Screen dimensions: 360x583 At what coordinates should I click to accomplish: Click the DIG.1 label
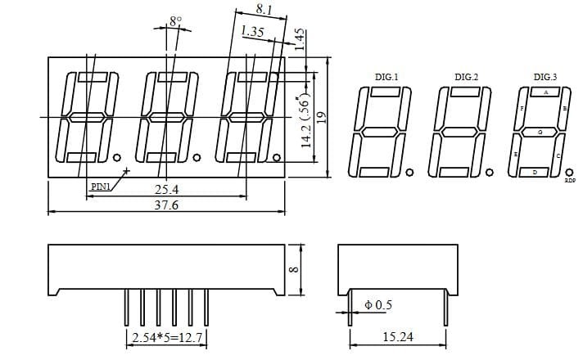click(386, 77)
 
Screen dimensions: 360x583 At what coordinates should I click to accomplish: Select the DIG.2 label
click(466, 77)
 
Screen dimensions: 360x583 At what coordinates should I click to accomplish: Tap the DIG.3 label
click(545, 77)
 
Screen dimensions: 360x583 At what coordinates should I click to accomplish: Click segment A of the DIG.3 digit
click(546, 92)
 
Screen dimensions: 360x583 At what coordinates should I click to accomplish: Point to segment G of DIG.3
click(540, 132)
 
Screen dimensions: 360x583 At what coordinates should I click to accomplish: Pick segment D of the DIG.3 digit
click(535, 172)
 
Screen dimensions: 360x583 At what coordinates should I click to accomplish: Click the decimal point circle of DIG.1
click(409, 172)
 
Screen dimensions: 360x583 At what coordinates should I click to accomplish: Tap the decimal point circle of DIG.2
click(489, 172)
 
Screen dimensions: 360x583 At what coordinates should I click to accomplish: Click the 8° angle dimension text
click(175, 20)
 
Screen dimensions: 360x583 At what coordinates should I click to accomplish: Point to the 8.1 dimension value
click(264, 9)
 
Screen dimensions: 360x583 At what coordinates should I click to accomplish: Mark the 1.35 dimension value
click(252, 33)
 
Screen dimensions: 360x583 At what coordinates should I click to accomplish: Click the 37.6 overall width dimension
click(167, 205)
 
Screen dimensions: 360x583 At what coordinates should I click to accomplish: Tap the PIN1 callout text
click(100, 187)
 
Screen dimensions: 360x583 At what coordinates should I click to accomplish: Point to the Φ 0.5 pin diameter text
click(378, 304)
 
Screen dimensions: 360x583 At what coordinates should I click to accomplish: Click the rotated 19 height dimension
click(322, 117)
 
